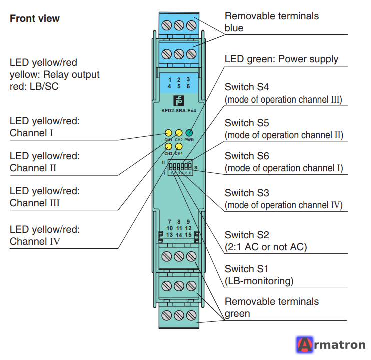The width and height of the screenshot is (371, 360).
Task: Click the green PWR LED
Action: click(x=189, y=133)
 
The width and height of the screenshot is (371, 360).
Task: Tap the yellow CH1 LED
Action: click(x=168, y=133)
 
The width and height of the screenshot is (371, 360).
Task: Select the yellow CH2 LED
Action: click(x=179, y=133)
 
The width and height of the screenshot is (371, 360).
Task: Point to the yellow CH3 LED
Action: click(x=168, y=146)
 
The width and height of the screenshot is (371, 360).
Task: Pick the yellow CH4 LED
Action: click(x=179, y=146)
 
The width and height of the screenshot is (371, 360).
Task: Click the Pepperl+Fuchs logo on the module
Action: click(x=179, y=101)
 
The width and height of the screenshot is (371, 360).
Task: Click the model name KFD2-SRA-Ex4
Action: click(x=179, y=111)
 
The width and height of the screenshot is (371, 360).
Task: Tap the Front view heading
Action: click(x=35, y=18)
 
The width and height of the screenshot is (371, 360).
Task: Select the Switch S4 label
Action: click(x=247, y=87)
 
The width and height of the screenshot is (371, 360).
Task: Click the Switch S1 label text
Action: click(x=246, y=269)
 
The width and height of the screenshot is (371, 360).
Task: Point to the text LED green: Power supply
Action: click(x=281, y=59)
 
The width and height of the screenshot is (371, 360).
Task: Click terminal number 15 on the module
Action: click(x=188, y=235)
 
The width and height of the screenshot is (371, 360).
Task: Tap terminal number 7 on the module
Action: click(x=169, y=222)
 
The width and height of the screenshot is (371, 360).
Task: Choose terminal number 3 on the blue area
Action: click(x=188, y=79)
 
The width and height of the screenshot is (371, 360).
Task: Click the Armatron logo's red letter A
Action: click(x=305, y=345)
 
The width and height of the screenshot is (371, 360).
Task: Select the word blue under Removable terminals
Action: click(x=234, y=28)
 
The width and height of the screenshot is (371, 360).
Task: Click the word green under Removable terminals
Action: click(x=237, y=314)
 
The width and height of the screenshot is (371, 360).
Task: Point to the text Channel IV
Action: click(x=35, y=242)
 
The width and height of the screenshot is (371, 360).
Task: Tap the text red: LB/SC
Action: click(x=34, y=87)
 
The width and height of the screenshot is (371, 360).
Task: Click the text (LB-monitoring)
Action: click(x=259, y=281)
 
